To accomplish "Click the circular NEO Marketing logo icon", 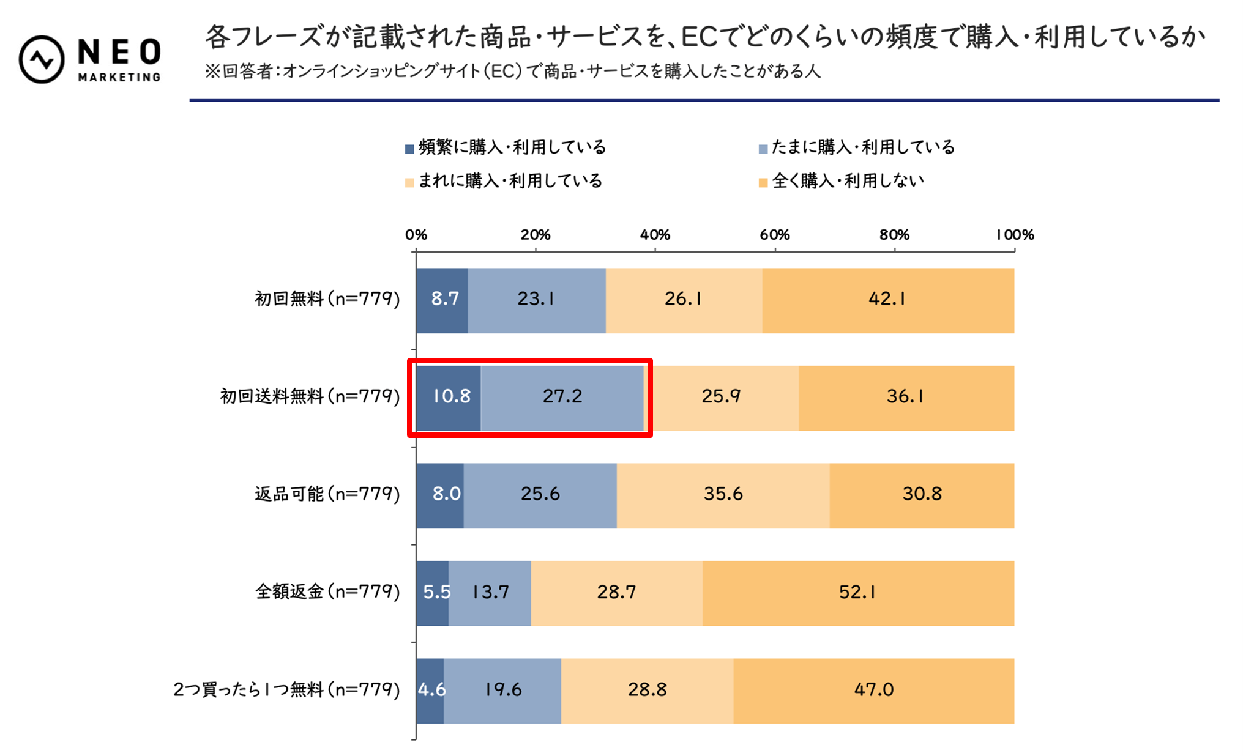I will pos(41,59).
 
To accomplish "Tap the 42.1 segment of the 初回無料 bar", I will pos(887,300).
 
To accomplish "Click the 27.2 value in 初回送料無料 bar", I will pos(562,397).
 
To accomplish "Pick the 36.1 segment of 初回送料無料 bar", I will pos(906,397).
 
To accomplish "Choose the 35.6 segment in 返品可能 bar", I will pos(723,495).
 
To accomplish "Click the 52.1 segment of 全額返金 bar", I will pos(857,593).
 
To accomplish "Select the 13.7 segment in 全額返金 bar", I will pos(490,593).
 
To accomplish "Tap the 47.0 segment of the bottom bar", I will pos(873,691).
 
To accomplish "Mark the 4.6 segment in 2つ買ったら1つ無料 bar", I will pos(430,691).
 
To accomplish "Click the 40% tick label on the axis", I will pos(655,235).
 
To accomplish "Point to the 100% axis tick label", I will pos(1014,235).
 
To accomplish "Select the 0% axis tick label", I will pos(416,235).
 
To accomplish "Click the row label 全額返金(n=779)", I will pos(327,592).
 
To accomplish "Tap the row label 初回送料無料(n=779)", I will pos(310,397).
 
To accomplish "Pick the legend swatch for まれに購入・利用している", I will pos(409,182).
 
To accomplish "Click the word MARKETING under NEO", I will pos(119,77).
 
